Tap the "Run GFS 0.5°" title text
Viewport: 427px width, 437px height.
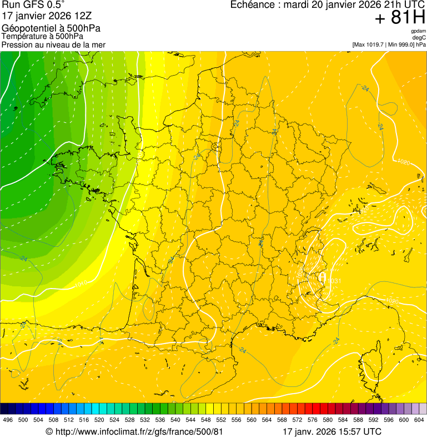(x=33, y=5)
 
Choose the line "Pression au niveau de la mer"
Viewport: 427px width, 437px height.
(x=53, y=44)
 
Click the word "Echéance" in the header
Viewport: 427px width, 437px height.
(x=253, y=5)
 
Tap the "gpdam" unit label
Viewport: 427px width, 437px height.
(x=418, y=31)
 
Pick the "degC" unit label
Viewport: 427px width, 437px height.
(x=419, y=38)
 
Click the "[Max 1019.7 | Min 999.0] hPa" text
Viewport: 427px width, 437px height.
(x=389, y=44)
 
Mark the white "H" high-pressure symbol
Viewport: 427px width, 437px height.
(x=321, y=277)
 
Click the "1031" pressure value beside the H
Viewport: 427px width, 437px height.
(x=334, y=281)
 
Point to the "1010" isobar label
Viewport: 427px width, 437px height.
(x=81, y=284)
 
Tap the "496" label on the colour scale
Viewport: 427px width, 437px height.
(x=8, y=420)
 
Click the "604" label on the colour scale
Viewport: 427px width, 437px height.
(x=419, y=420)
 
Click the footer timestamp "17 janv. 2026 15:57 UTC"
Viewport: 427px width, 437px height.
(x=332, y=431)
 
